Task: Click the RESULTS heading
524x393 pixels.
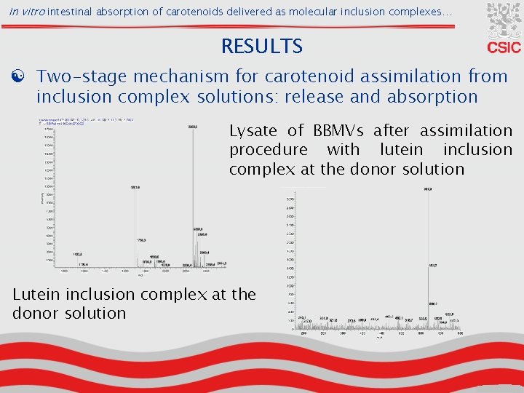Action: tap(261, 47)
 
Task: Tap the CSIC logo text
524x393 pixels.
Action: tap(504, 47)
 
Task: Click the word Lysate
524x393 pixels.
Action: tap(254, 131)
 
